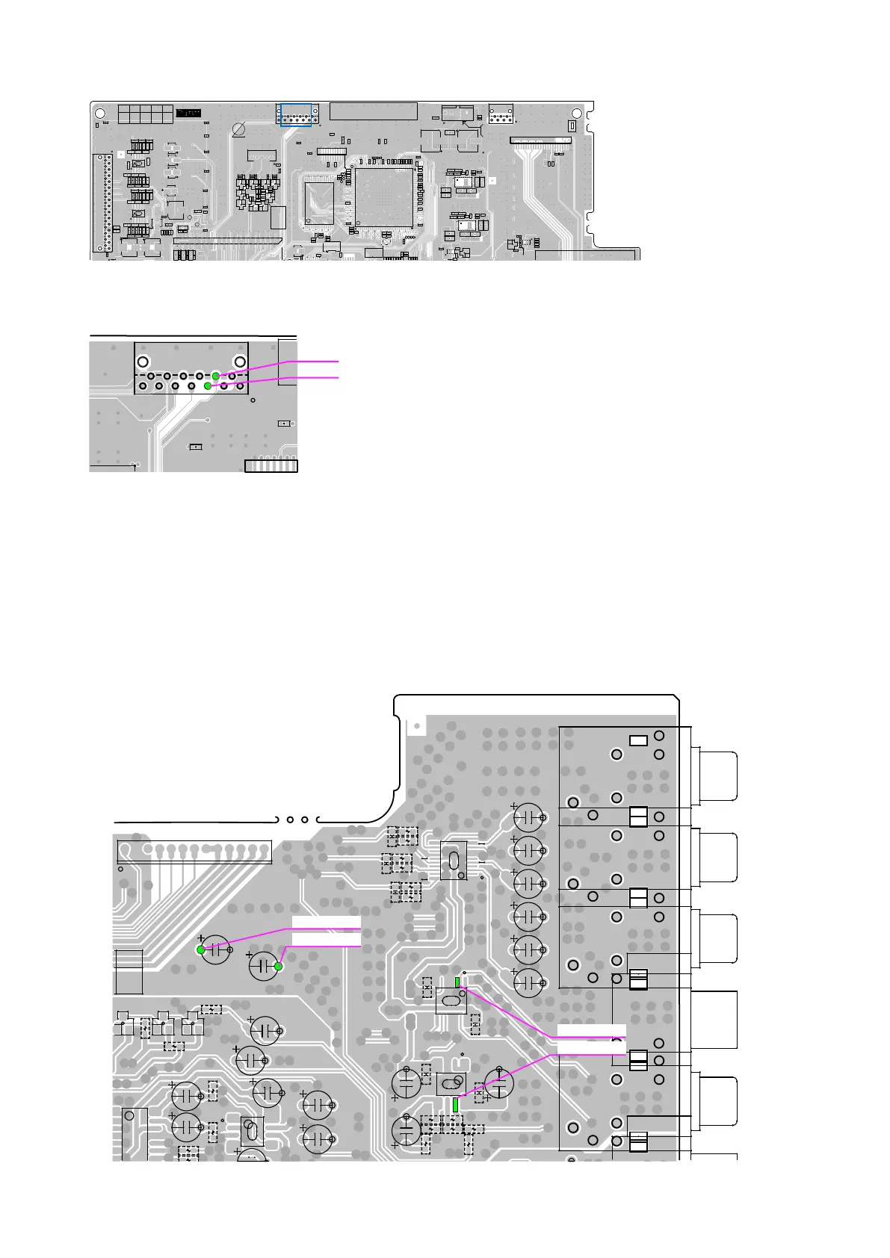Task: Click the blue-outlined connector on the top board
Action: (x=296, y=115)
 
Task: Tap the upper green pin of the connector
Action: (x=215, y=376)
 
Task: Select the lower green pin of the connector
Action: (x=208, y=386)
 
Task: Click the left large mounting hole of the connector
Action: (x=143, y=362)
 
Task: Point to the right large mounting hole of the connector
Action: (x=241, y=362)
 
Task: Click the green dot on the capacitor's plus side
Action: (x=201, y=949)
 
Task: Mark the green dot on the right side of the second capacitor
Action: (x=279, y=967)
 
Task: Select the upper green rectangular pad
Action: (x=457, y=982)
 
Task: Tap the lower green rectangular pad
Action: (x=455, y=1104)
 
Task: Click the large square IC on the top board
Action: (x=384, y=197)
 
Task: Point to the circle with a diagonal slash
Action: (x=239, y=130)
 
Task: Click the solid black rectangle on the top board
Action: (x=188, y=113)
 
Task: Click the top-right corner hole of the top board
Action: (x=576, y=113)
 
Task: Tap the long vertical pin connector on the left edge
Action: (x=102, y=203)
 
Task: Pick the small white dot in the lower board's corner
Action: (x=416, y=725)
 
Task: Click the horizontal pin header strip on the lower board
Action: (x=194, y=851)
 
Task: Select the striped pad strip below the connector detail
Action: (x=271, y=466)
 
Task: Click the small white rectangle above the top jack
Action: (x=638, y=740)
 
